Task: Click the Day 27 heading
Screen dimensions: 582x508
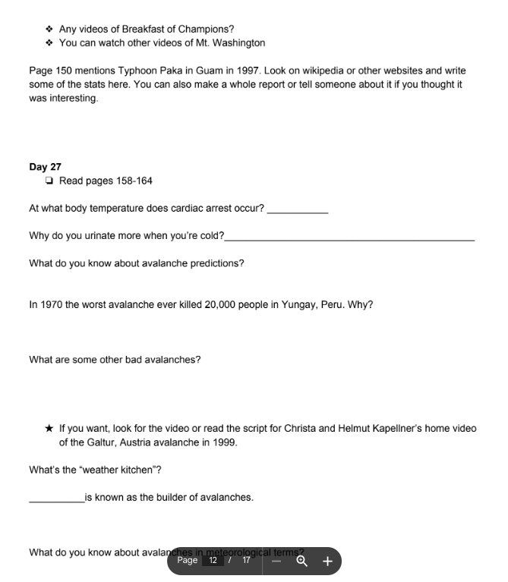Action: tap(45, 167)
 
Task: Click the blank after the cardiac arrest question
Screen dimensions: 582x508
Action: tap(298, 212)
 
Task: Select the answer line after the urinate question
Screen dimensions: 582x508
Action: tap(349, 239)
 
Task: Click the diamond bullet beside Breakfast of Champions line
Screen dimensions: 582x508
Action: tap(49, 30)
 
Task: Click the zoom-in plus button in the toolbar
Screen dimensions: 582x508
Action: tap(328, 562)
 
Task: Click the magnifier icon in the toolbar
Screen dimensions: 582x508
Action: tap(301, 562)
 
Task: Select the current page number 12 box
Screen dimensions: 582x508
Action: tap(213, 561)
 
